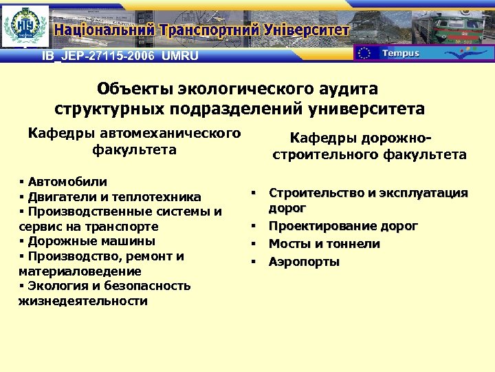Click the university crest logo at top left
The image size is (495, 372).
tap(25, 26)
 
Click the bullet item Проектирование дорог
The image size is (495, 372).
tap(343, 226)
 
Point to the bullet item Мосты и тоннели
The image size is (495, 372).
tap(324, 244)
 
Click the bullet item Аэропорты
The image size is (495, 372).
tap(304, 262)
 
